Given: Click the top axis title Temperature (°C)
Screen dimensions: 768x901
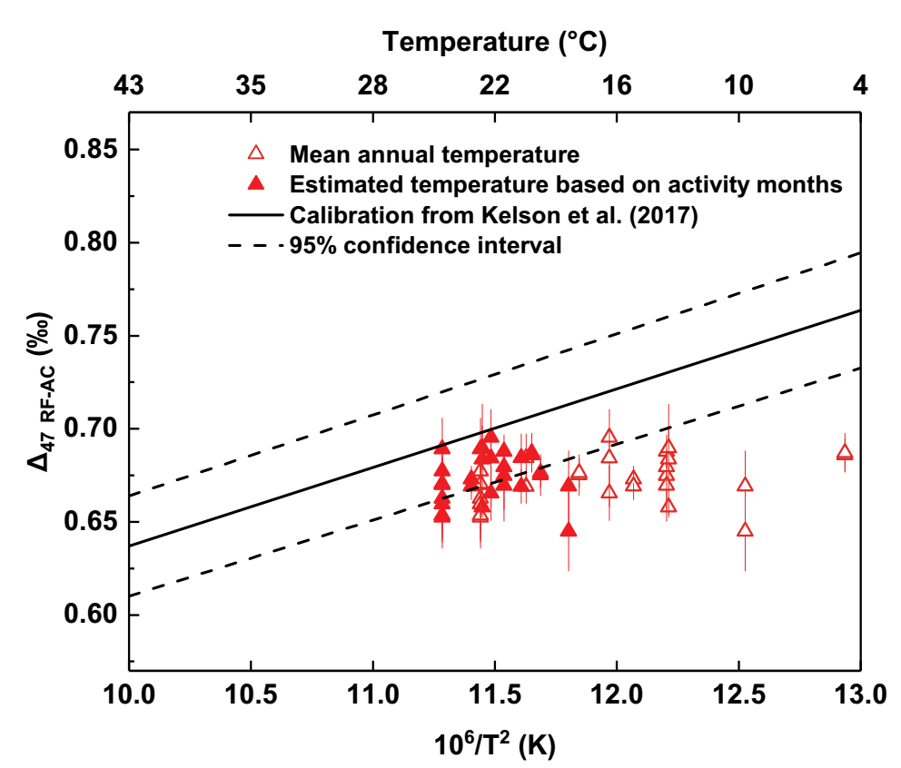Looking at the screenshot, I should coord(494,41).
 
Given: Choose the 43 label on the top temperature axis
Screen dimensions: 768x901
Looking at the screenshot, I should coord(129,85).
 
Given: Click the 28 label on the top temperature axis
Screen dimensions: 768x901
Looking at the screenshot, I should coord(372,85).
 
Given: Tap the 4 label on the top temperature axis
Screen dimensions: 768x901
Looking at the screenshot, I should coord(860,85).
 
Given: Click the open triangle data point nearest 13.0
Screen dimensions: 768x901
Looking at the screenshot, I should coord(845,452).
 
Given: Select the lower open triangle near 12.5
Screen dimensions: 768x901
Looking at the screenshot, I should coord(745,530).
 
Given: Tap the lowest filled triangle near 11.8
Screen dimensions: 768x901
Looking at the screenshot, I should coord(569,530).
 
